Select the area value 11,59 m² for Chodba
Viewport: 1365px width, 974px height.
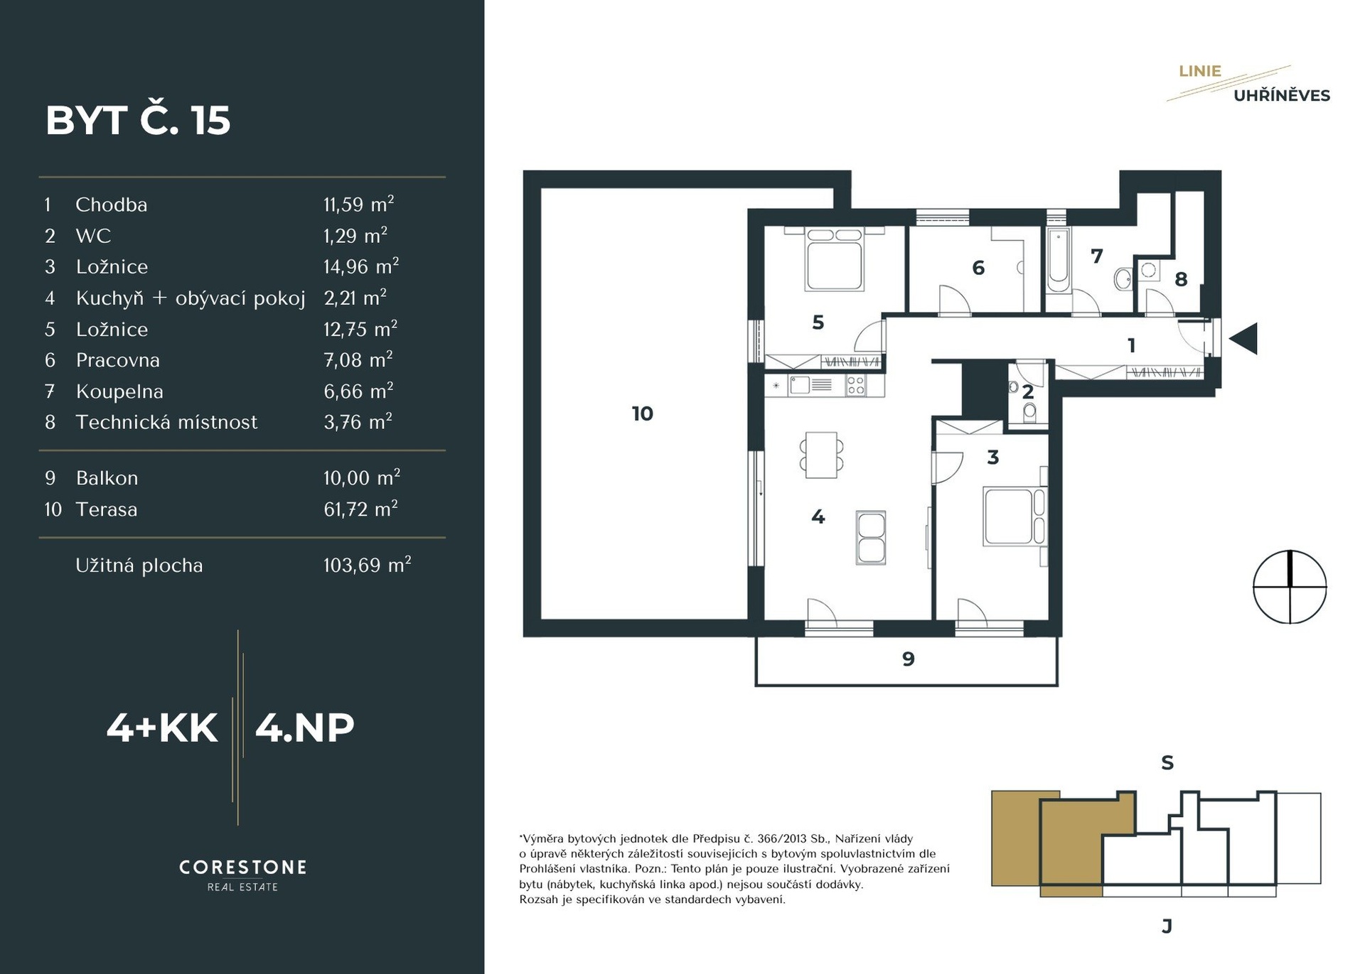(x=358, y=204)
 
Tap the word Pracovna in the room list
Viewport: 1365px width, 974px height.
(x=117, y=360)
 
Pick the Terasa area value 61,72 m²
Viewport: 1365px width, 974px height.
(x=360, y=509)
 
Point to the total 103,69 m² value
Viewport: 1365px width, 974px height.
(x=367, y=565)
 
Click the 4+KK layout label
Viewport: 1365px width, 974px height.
(x=162, y=727)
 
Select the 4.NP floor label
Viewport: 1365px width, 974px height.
(x=304, y=727)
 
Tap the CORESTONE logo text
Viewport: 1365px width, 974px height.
(x=242, y=867)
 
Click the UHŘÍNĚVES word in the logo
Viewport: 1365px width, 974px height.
(x=1281, y=95)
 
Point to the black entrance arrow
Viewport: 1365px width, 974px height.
(x=1243, y=339)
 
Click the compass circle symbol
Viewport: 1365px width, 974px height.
(x=1290, y=587)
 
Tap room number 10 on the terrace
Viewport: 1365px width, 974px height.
(x=642, y=413)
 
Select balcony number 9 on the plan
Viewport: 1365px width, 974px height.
(x=908, y=659)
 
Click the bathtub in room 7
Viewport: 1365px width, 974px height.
(x=1058, y=261)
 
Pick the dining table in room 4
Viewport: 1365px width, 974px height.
(x=821, y=455)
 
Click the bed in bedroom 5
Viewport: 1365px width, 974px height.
(x=835, y=259)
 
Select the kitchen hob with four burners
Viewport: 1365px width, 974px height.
(x=855, y=386)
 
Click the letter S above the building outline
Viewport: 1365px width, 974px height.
(x=1167, y=763)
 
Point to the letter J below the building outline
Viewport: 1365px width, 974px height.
(x=1166, y=926)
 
